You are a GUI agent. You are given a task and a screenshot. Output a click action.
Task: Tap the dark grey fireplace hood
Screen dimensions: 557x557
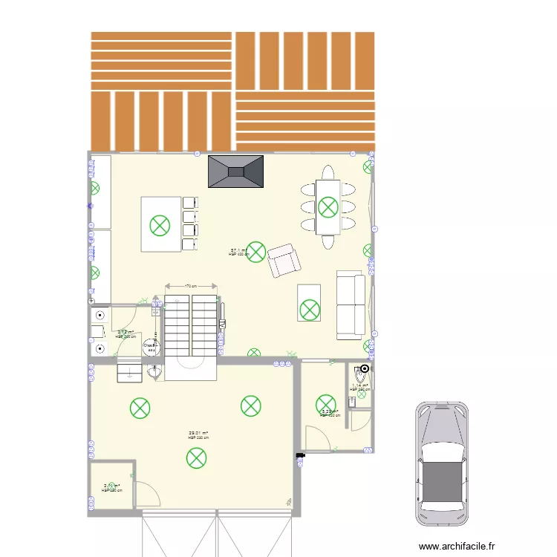236,172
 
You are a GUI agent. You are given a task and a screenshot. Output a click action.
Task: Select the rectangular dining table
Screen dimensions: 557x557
328,207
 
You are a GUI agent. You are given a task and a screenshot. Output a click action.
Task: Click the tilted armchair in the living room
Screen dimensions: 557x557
285,260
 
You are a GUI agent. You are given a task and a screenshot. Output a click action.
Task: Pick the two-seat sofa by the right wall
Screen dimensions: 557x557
351,304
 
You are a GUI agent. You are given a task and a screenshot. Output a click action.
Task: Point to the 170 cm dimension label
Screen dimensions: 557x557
191,284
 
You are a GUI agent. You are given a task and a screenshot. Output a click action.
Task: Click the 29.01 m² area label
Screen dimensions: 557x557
198,433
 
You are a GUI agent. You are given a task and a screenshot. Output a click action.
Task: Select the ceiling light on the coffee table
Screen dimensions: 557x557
309,306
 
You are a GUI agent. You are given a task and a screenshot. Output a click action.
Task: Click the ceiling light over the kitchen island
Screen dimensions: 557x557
160,224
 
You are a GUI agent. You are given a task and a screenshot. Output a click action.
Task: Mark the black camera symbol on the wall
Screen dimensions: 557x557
300,456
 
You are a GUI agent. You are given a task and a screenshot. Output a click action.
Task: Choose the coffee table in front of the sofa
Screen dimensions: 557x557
309,303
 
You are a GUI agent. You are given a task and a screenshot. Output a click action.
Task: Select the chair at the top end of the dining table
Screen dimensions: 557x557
328,173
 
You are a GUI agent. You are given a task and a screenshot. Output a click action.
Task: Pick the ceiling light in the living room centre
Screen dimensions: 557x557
255,251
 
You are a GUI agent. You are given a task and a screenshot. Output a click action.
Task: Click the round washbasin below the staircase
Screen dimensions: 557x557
154,374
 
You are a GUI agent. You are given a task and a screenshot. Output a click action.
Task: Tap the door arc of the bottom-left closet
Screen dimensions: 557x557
145,494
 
